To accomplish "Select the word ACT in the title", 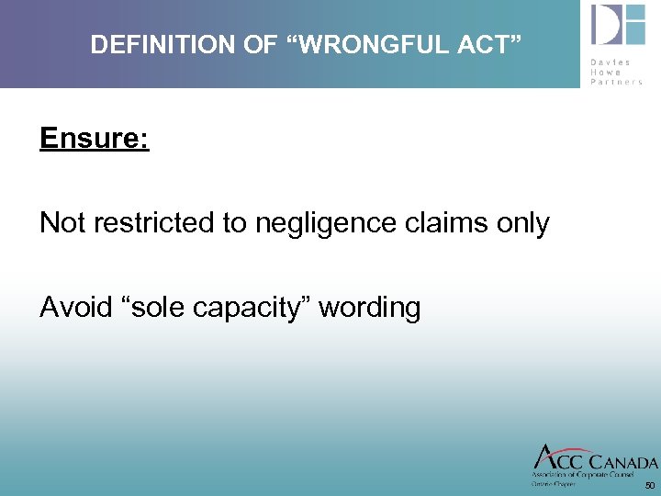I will pos(485,44).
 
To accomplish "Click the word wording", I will pos(373,309).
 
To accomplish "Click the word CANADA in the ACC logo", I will pos(622,461).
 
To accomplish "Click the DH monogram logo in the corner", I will pos(618,25).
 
